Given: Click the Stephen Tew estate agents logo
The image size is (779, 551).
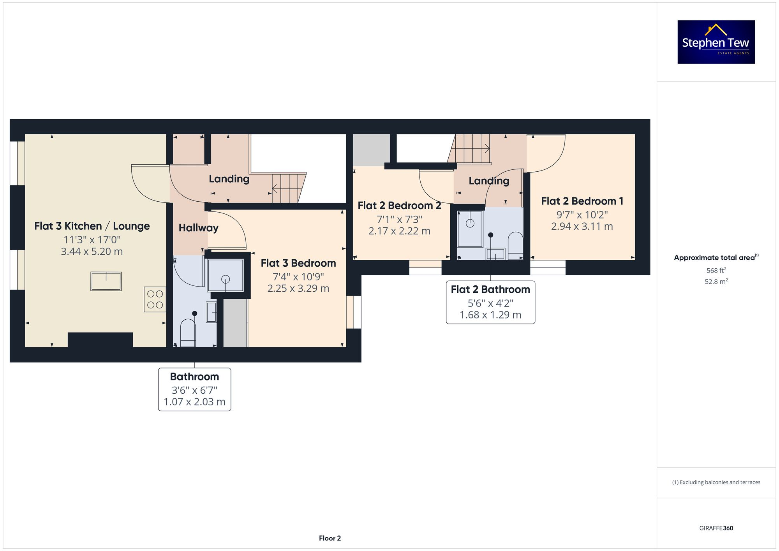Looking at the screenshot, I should pyautogui.click(x=716, y=42).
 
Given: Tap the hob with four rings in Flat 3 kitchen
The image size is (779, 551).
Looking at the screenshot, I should pyautogui.click(x=155, y=299).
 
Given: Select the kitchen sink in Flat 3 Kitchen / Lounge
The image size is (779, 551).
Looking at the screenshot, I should pyautogui.click(x=106, y=281).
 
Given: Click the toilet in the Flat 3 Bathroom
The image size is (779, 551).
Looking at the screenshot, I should pyautogui.click(x=188, y=333).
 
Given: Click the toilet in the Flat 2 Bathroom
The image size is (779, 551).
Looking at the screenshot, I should pyautogui.click(x=515, y=245).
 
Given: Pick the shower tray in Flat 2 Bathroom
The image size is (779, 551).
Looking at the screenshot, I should pyautogui.click(x=470, y=229).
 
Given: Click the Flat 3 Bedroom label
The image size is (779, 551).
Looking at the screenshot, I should pyautogui.click(x=298, y=263).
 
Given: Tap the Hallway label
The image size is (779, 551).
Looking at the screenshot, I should pyautogui.click(x=198, y=228).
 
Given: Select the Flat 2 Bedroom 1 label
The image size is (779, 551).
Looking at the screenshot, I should pyautogui.click(x=582, y=201).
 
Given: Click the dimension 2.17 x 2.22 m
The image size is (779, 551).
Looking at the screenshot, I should pyautogui.click(x=399, y=231).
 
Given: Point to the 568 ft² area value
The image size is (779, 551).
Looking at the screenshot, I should pyautogui.click(x=716, y=270).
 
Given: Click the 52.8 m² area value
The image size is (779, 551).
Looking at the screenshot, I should pyautogui.click(x=716, y=281).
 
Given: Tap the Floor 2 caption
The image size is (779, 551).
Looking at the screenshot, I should pyautogui.click(x=330, y=538).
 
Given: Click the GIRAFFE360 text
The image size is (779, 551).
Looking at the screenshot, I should pyautogui.click(x=716, y=528).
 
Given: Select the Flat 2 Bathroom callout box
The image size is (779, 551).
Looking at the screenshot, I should pyautogui.click(x=490, y=302).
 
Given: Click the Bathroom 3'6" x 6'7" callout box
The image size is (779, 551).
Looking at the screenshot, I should pyautogui.click(x=194, y=389).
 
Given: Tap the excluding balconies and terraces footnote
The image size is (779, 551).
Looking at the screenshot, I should pyautogui.click(x=716, y=482).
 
